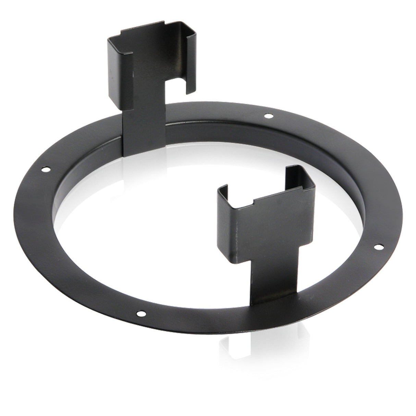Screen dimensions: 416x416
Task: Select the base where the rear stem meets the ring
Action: (x=144, y=151)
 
